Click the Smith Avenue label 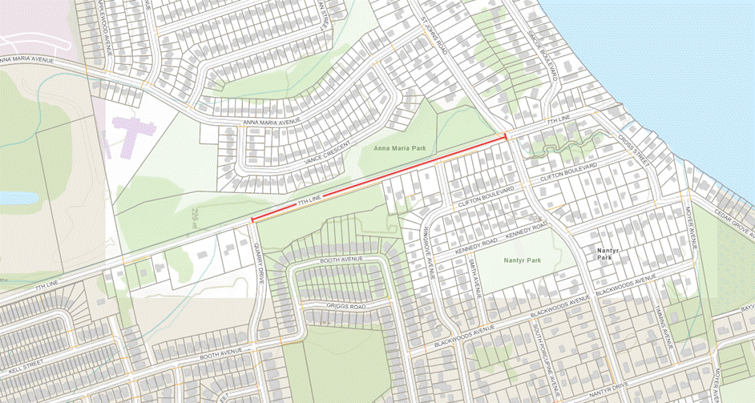pyautogui.click(x=472, y=277)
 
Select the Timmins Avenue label pyautogui.click(x=662, y=325)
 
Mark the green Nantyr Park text pyautogui.click(x=523, y=261)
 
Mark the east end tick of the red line pyautogui.click(x=506, y=137)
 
